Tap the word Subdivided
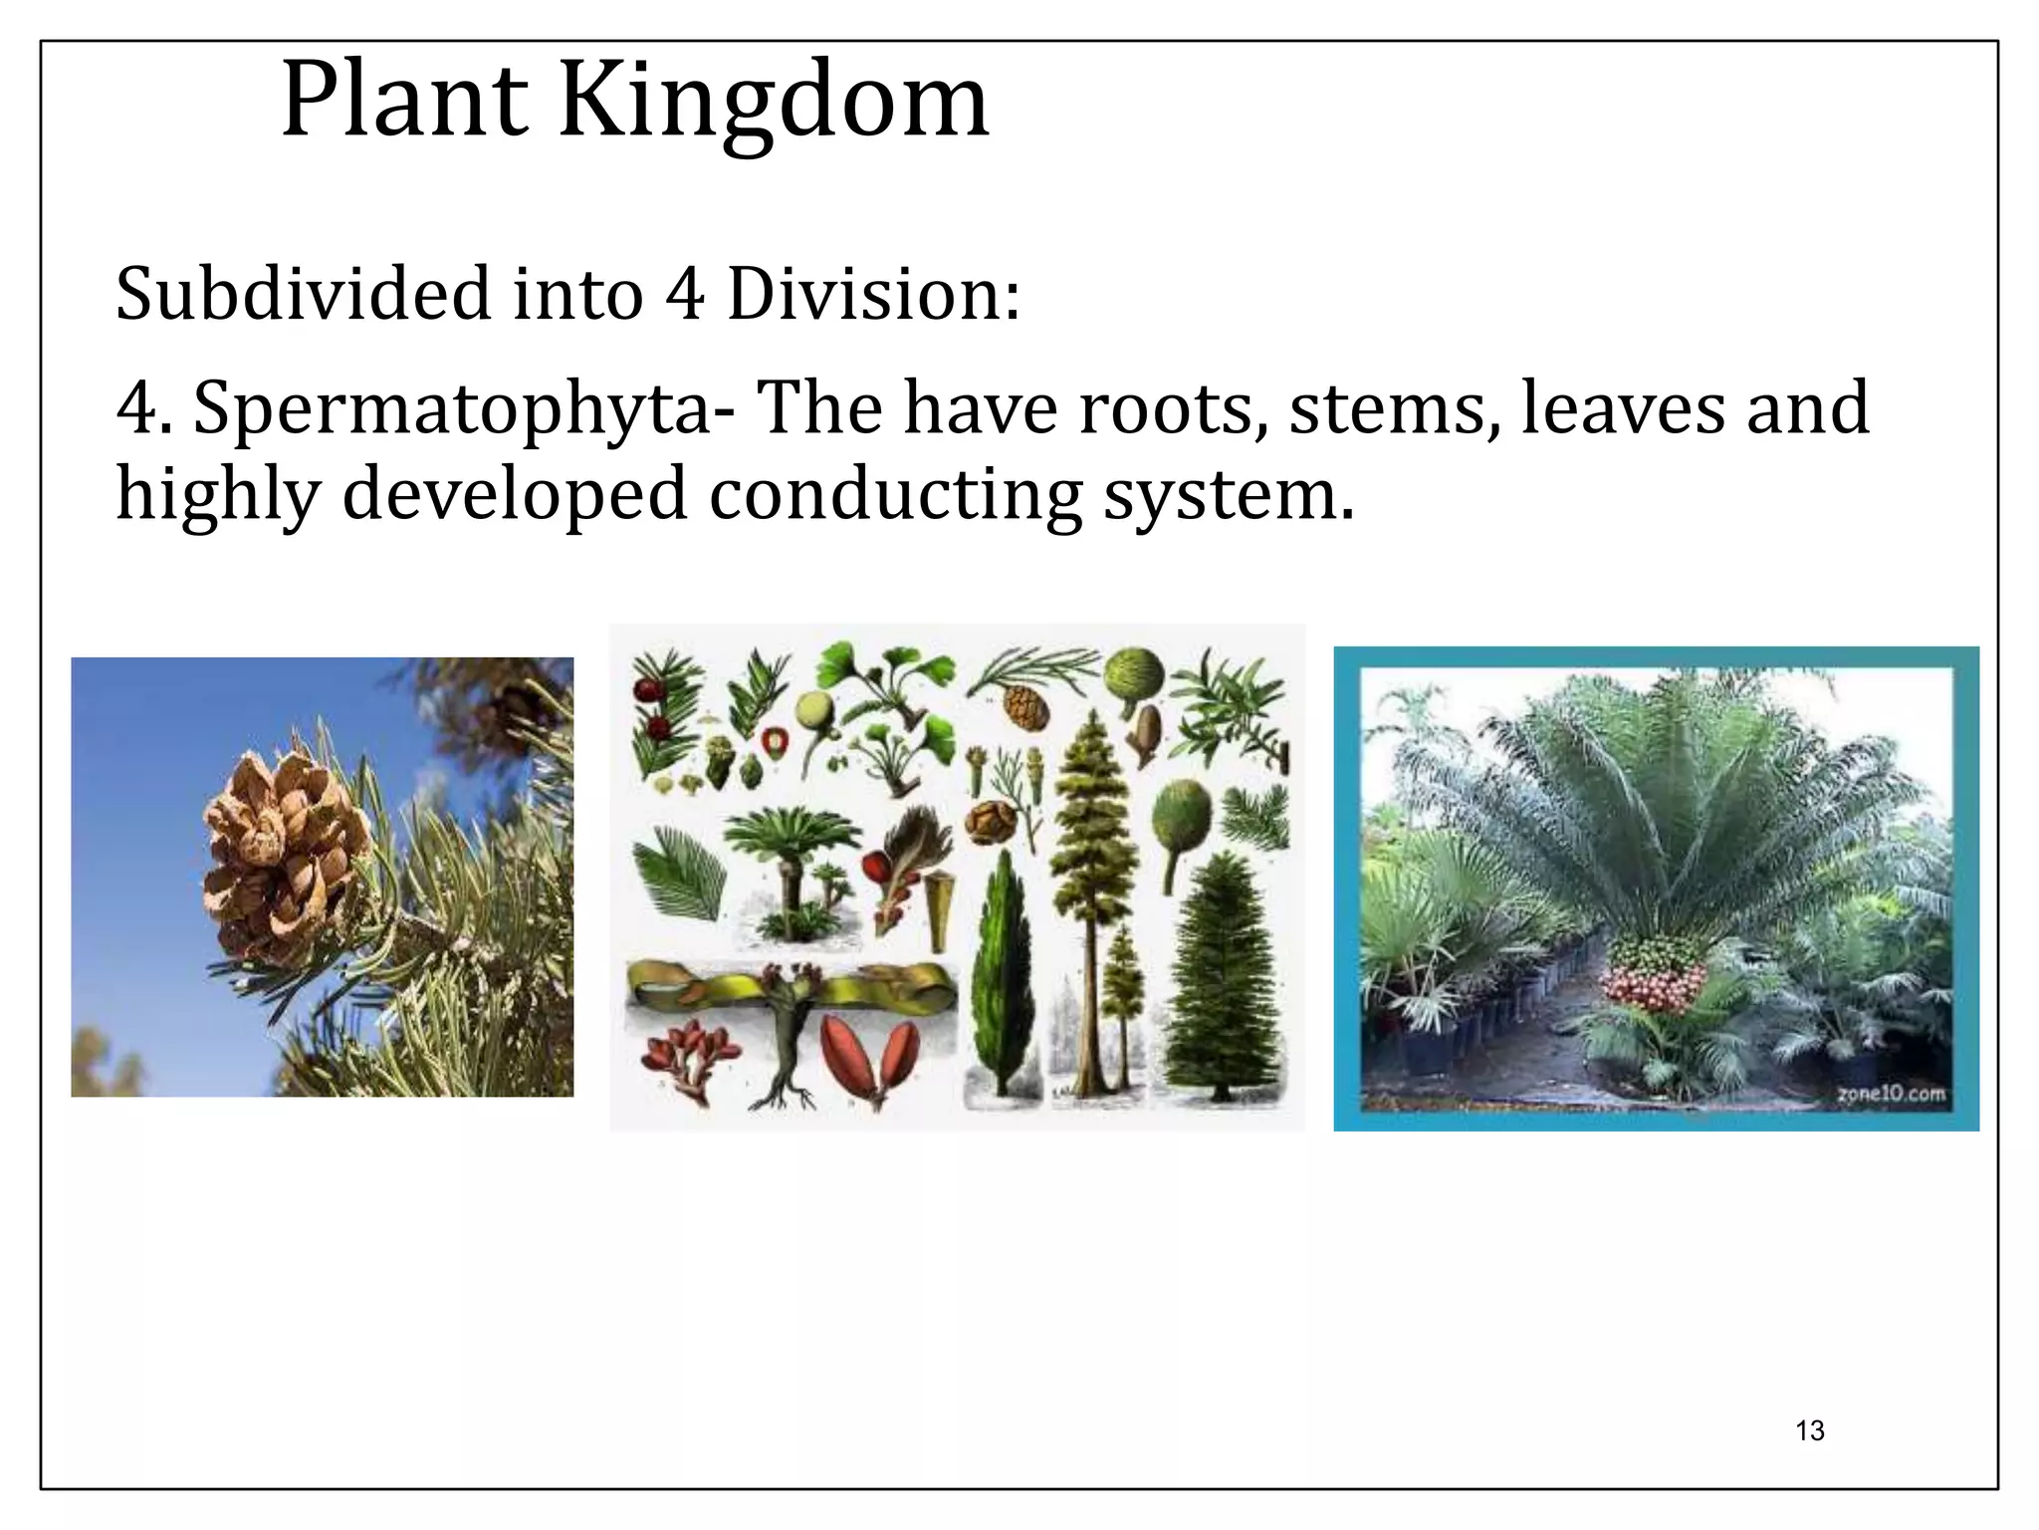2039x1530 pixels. pos(303,295)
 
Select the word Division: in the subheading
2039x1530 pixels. pos(873,295)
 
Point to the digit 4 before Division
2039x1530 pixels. pos(685,295)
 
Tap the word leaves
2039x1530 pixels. pos(1623,409)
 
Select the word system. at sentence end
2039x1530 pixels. pos(1229,494)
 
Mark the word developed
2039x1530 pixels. pos(515,494)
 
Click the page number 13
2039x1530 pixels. pos(1809,1430)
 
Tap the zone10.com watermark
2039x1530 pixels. pos(1891,1094)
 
